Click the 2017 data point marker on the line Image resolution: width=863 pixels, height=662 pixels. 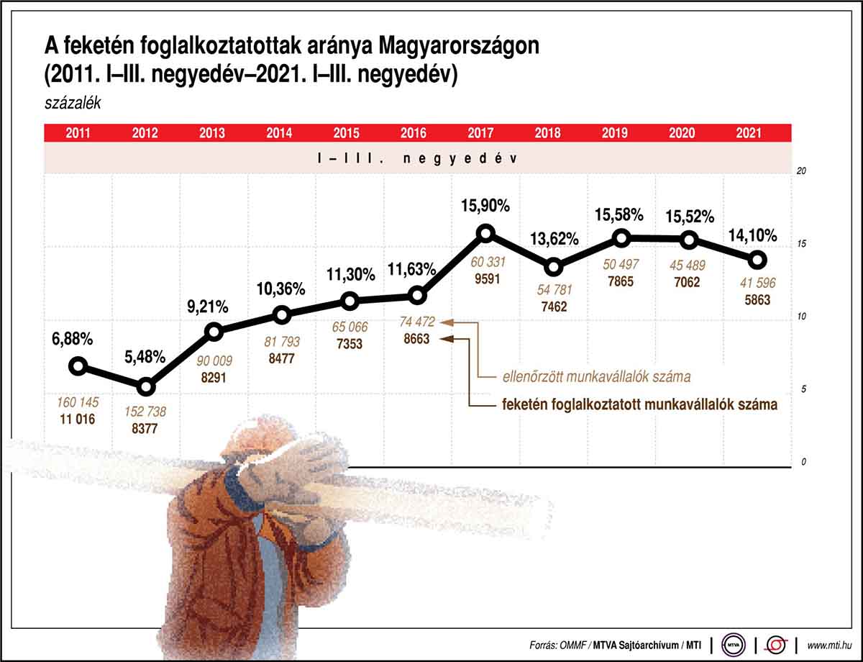[x=485, y=233]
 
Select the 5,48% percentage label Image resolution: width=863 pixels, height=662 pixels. [x=146, y=357]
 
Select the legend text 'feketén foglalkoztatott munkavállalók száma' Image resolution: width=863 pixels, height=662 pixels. [x=639, y=404]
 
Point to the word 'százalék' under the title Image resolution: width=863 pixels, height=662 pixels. [x=72, y=102]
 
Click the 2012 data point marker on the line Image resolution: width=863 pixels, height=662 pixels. [x=146, y=387]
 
